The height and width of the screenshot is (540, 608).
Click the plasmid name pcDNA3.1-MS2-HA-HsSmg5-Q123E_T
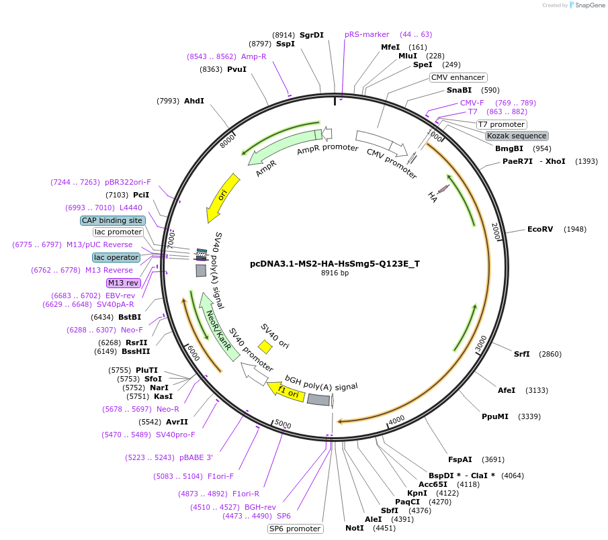[x=335, y=263]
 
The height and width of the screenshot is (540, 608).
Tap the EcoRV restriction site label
[x=540, y=229]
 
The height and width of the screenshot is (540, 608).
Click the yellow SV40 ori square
[x=265, y=347]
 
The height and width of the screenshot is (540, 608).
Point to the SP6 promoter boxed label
[x=295, y=529]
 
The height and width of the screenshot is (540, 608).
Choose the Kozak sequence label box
[x=517, y=136]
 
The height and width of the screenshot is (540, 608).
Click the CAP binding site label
[x=112, y=220]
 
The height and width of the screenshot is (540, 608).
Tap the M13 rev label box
[x=123, y=283]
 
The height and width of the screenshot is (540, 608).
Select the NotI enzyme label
[x=355, y=528]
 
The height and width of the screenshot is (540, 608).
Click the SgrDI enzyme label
[x=312, y=34]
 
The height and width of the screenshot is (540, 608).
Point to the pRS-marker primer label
[x=367, y=34]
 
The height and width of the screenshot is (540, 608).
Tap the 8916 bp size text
[x=335, y=273]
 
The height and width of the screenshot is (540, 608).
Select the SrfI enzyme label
[x=522, y=354]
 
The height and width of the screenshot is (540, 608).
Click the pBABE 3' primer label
[x=196, y=457]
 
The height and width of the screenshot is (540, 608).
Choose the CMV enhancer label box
[x=458, y=77]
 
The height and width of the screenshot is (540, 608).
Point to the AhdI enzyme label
[x=193, y=101]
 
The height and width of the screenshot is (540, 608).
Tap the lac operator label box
[x=116, y=257]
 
